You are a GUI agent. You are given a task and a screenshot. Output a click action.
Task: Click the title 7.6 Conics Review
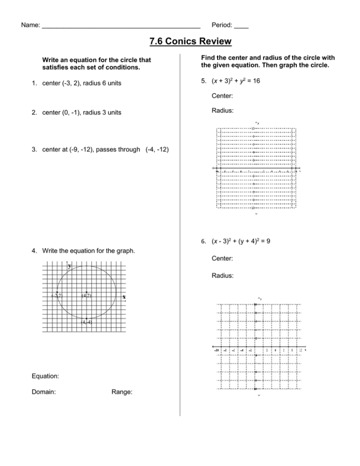point(190,42)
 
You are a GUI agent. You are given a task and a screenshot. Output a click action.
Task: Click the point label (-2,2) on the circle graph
point(57,295)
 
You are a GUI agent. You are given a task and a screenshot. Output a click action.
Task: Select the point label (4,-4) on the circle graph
point(86,322)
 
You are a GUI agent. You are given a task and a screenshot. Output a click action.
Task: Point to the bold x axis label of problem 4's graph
point(124,297)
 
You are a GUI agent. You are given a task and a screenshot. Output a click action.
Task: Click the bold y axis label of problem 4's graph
point(69,266)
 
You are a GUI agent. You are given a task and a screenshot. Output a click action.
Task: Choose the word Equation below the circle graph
point(46,376)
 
